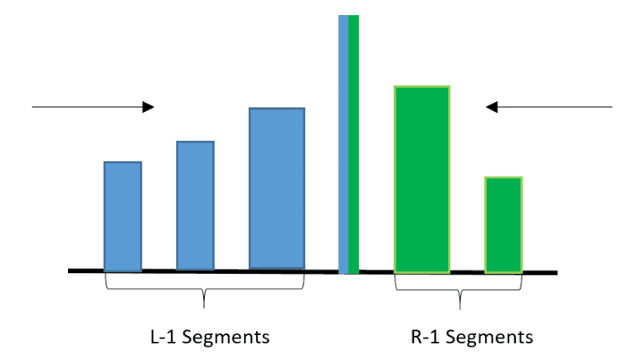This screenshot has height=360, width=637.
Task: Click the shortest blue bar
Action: [122, 216]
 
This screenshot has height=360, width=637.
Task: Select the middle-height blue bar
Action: [195, 206]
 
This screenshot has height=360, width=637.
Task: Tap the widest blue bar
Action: [277, 189]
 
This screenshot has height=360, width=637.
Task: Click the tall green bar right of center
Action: [421, 179]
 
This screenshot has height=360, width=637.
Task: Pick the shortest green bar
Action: [503, 224]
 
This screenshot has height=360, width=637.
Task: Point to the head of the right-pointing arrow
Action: [148, 107]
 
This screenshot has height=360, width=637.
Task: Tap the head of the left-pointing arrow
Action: [492, 107]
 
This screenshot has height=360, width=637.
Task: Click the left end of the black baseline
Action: [70, 270]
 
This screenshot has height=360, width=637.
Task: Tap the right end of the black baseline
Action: [556, 272]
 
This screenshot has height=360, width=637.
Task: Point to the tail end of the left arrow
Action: [33, 107]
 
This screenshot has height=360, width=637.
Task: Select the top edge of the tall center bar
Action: [348, 16]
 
